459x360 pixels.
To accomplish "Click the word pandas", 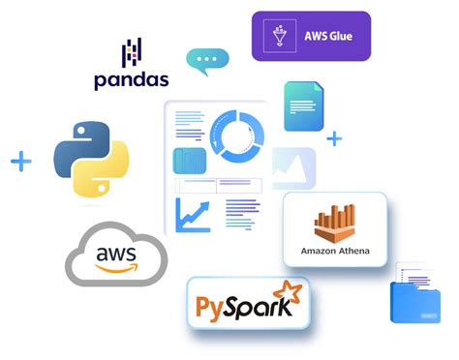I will (x=132, y=79).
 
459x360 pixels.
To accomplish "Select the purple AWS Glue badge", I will (x=311, y=36).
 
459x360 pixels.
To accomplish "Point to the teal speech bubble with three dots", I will (x=207, y=60).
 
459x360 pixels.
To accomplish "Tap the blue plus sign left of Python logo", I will (x=21, y=161).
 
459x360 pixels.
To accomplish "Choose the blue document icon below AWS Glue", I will (x=303, y=106).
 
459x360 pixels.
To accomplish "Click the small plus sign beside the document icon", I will (x=334, y=138).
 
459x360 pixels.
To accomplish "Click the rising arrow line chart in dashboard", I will (x=192, y=213).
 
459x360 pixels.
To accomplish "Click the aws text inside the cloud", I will (x=116, y=255).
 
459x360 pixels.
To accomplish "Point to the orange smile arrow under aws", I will (x=117, y=270).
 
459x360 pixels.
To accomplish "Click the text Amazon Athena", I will (x=335, y=253).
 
